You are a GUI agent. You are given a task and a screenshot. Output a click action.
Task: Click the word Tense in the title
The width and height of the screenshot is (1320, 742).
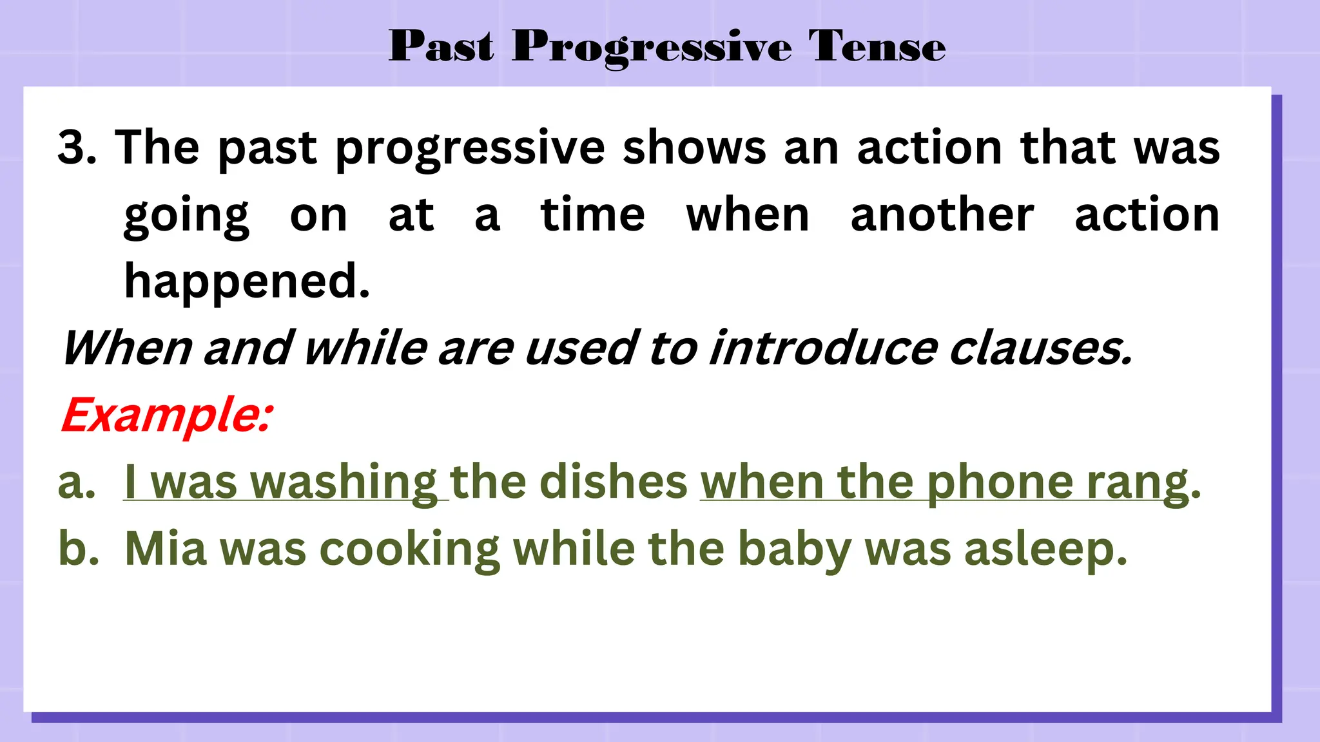click(877, 46)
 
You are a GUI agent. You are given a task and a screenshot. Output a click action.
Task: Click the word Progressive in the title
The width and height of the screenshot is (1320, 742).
click(652, 48)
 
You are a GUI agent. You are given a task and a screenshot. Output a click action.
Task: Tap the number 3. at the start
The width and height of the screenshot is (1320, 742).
click(77, 147)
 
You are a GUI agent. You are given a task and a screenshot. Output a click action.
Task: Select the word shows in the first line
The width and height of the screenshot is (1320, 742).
click(694, 147)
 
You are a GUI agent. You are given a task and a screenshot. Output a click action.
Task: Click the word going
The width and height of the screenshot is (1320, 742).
click(186, 216)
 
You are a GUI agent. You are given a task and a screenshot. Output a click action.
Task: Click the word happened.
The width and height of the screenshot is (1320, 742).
click(247, 282)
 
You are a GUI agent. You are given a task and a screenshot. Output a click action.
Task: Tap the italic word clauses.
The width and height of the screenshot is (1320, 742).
click(1040, 348)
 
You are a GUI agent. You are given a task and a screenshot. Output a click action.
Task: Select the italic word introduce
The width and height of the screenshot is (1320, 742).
click(823, 348)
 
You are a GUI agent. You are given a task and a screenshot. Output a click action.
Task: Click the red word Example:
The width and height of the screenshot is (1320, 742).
click(166, 415)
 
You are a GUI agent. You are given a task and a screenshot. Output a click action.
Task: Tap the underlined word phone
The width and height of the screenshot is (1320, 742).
click(1000, 483)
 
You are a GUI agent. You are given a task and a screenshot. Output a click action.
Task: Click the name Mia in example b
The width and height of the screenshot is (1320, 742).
click(166, 549)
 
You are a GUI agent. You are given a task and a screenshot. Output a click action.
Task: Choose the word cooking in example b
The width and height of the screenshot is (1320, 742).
click(409, 550)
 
